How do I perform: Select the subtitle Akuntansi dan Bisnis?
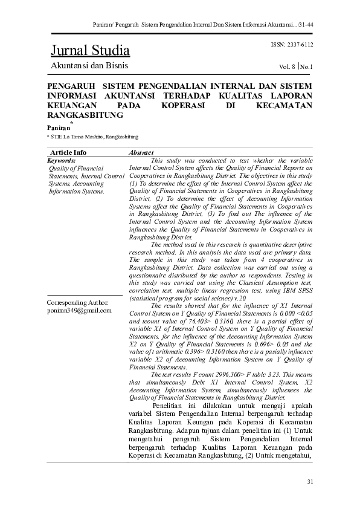coord(89,65)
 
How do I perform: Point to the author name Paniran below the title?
coord(59,128)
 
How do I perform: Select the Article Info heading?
coord(68,152)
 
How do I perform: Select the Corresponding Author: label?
coord(77,302)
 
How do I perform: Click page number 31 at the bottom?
coord(310,481)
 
